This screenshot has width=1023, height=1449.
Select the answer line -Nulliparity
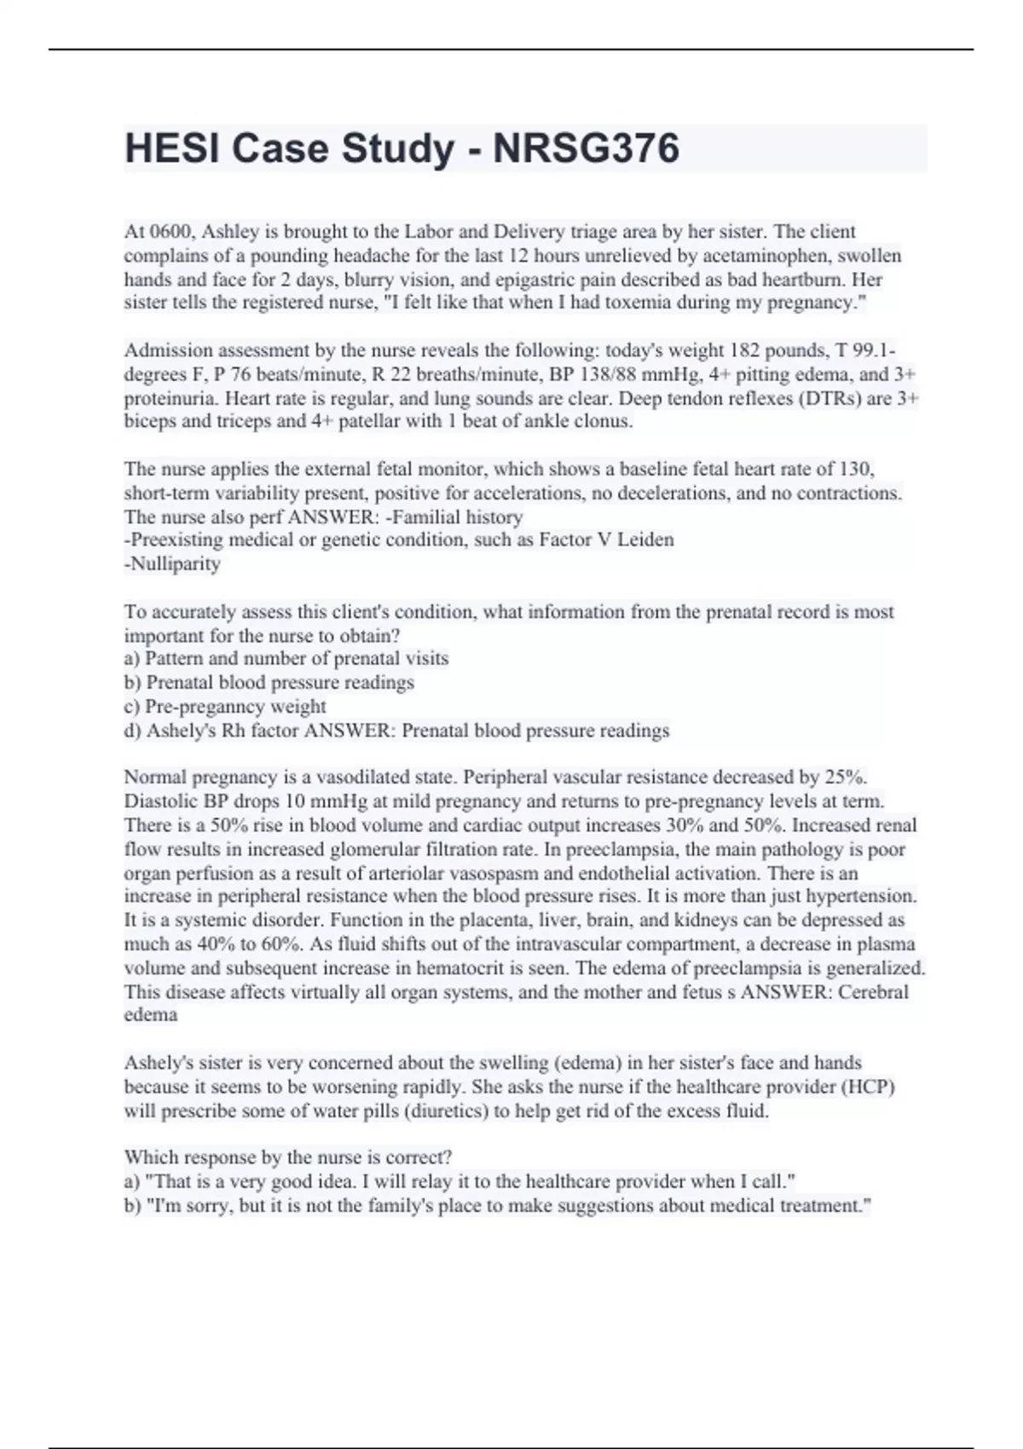pyautogui.click(x=172, y=563)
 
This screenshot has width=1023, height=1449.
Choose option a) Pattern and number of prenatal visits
pyautogui.click(x=286, y=658)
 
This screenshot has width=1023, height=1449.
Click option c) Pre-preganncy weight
pyautogui.click(x=225, y=706)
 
